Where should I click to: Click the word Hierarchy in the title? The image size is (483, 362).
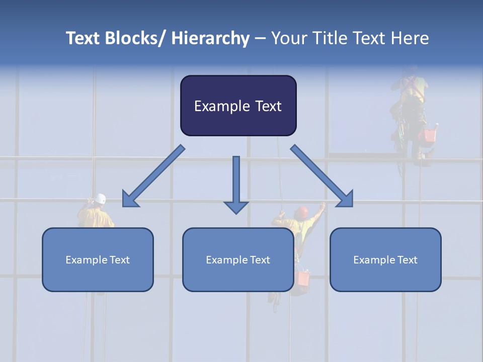210,38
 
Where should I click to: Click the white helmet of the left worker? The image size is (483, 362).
101,199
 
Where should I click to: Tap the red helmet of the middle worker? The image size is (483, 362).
302,212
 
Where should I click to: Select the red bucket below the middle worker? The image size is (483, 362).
303,278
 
